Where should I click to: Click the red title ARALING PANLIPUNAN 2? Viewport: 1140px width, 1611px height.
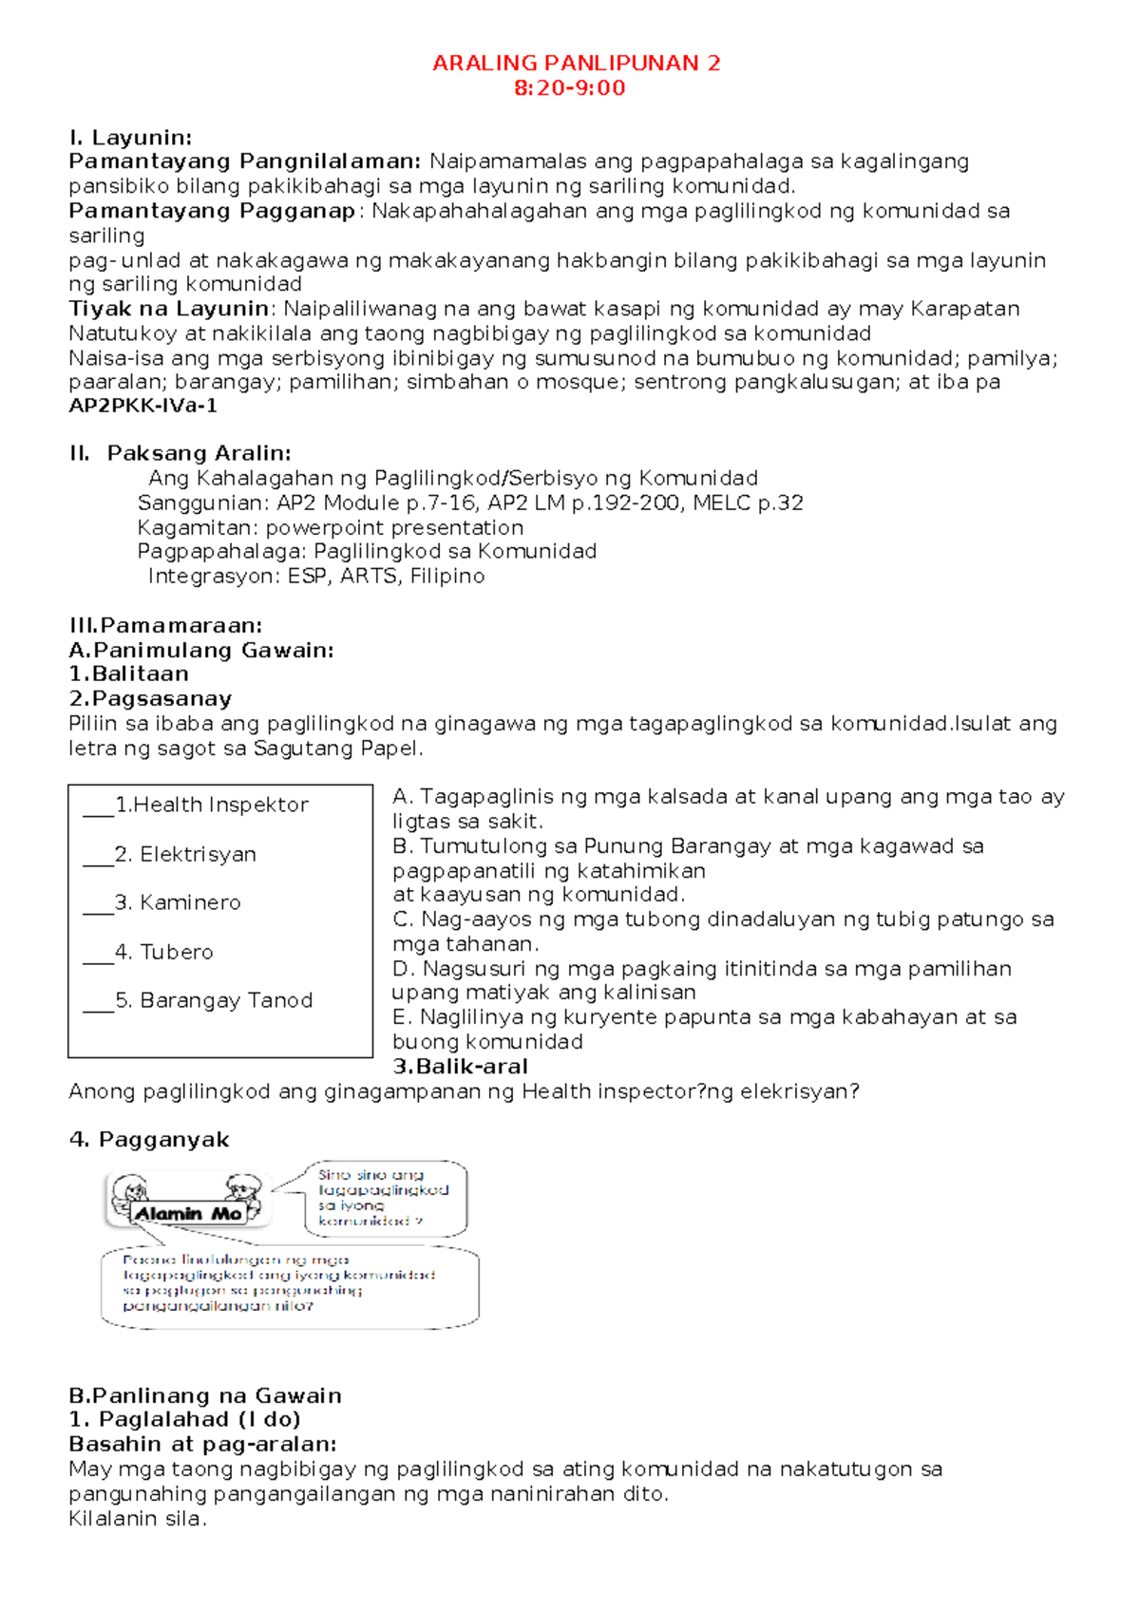point(576,64)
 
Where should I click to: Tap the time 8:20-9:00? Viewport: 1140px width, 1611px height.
point(569,88)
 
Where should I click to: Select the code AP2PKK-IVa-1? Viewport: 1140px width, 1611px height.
point(143,407)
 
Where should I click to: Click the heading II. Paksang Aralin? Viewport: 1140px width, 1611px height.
point(180,453)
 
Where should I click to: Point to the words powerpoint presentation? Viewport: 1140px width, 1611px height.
point(394,527)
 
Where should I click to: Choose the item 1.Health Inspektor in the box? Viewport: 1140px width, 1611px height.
point(211,805)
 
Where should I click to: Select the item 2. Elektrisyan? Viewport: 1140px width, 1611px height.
point(185,854)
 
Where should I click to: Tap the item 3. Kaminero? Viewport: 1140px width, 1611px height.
point(178,902)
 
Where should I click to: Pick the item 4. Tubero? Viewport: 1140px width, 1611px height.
point(163,952)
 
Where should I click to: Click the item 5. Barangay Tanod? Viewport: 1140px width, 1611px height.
point(214,1000)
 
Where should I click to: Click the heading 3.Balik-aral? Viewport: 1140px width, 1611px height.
point(460,1067)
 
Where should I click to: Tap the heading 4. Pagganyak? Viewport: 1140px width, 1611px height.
point(149,1140)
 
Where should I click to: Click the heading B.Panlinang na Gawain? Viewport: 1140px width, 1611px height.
point(205,1395)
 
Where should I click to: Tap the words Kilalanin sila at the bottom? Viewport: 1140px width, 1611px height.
point(137,1518)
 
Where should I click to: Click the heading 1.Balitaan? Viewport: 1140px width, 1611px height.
point(129,673)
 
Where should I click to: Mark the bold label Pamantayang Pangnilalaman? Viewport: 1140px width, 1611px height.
point(244,161)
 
